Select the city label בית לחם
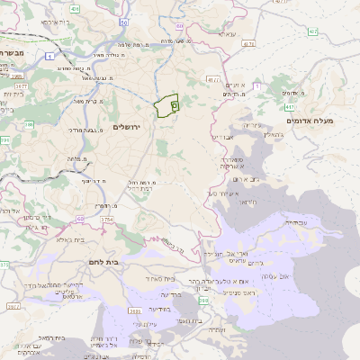pos(105,260)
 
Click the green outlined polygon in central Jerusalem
pos(165,107)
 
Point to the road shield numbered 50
pos(122,22)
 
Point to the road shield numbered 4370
pos(249,42)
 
